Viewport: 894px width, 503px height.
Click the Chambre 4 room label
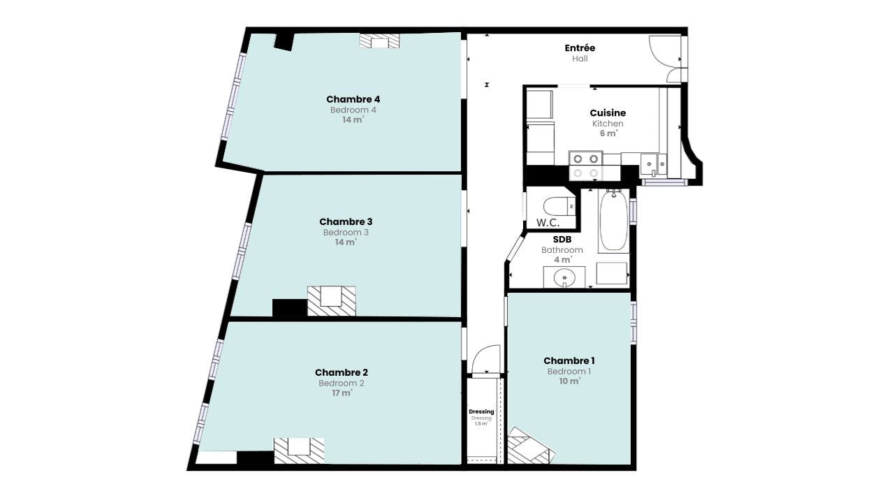tap(353, 99)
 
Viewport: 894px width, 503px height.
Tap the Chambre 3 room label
tap(346, 221)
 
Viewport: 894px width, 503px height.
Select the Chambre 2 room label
tap(342, 372)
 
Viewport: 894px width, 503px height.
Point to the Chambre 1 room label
tap(569, 361)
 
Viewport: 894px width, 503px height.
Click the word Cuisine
tap(608, 113)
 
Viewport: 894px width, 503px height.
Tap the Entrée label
tap(580, 48)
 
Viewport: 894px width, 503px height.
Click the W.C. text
tap(548, 223)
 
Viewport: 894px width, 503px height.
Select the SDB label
tap(562, 240)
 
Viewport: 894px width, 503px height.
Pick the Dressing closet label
tap(481, 411)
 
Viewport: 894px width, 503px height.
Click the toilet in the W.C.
tap(559, 206)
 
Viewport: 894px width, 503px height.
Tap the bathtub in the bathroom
tap(613, 220)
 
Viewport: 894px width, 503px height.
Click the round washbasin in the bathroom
tap(564, 277)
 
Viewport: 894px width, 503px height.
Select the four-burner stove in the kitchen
tap(585, 166)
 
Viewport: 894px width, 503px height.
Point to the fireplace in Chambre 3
tap(331, 301)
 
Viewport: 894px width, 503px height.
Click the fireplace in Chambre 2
tap(299, 451)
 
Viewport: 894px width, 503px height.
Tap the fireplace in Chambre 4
tap(379, 41)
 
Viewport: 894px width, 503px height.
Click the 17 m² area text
tap(342, 393)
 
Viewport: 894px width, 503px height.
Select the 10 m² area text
tap(569, 381)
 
